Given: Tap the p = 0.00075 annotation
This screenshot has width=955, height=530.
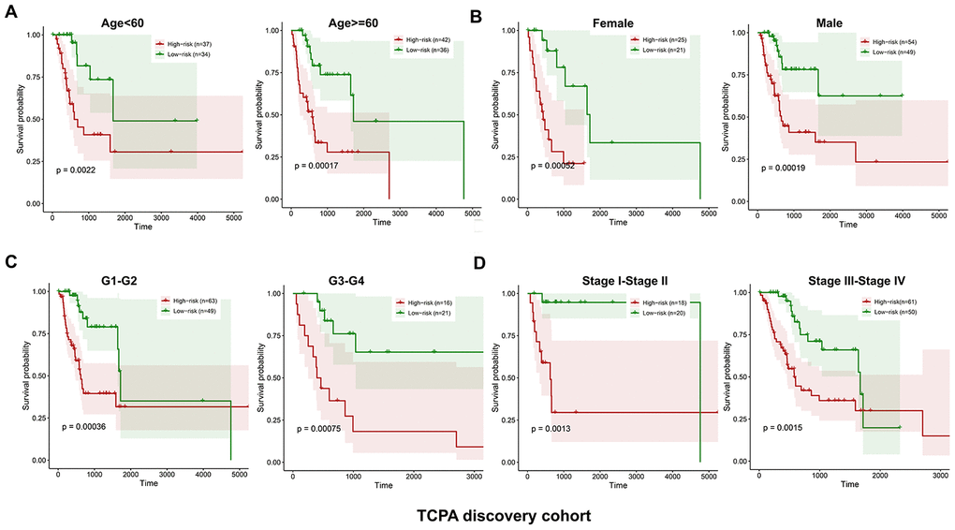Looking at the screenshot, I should pyautogui.click(x=325, y=429).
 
